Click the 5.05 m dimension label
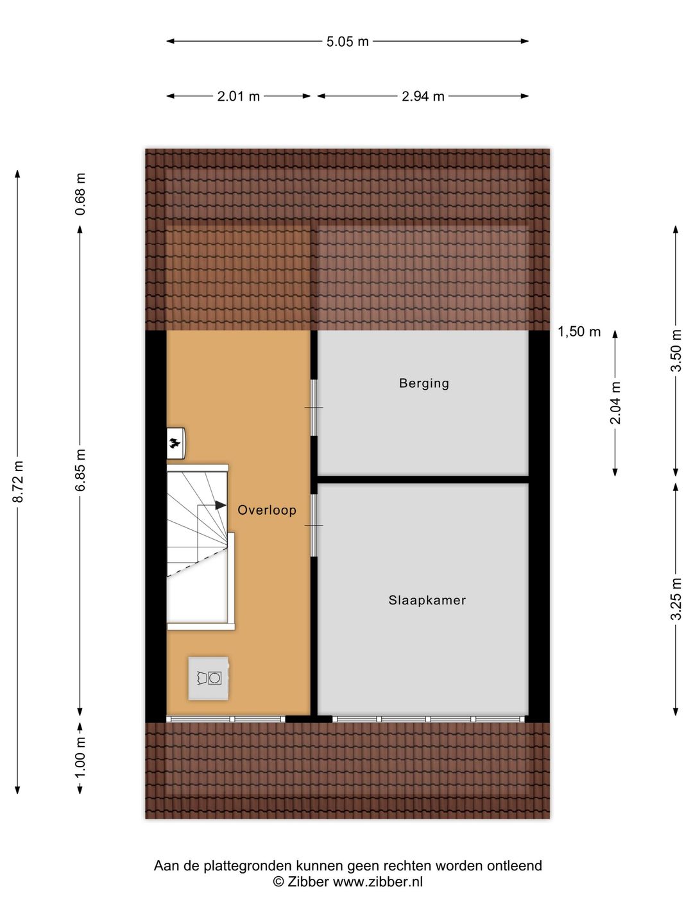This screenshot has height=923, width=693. coord(347,42)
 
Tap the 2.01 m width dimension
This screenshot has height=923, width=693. coord(238,97)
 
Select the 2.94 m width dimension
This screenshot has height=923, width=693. coord(423,97)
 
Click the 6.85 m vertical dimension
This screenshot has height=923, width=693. coord(80,470)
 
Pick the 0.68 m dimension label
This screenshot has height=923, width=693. coord(80,194)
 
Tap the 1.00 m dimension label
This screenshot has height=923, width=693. coord(80,757)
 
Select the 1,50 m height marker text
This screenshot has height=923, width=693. coord(579,331)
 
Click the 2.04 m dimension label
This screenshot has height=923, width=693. coord(615,403)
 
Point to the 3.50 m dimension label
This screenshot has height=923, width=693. coord(675,350)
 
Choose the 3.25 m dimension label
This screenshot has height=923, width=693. coord(675,599)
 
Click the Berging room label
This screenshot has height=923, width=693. coord(424,383)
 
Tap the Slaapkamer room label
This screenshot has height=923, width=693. coord(427,601)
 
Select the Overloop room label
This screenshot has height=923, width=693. coord(267,510)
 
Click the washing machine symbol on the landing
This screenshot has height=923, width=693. coord(209,678)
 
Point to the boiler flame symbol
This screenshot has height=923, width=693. coord(175,442)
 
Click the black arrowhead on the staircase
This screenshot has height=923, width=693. coord(221,505)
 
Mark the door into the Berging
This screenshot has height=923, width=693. coord(314,408)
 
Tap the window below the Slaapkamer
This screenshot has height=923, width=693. coord(428,719)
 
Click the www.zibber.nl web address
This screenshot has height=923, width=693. coord(377,882)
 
